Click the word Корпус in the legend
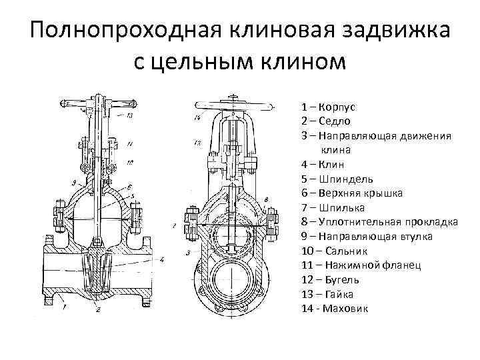tap(338, 107)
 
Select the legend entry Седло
tap(337, 121)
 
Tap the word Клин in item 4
tap(334, 165)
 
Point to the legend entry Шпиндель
tap(346, 179)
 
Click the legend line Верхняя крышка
tap(360, 193)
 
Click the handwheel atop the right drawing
tap(233, 105)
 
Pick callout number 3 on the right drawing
tap(189, 253)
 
